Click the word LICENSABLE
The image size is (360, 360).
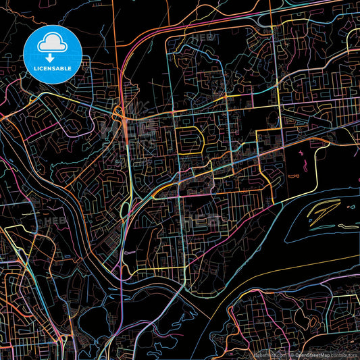click(53, 69)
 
